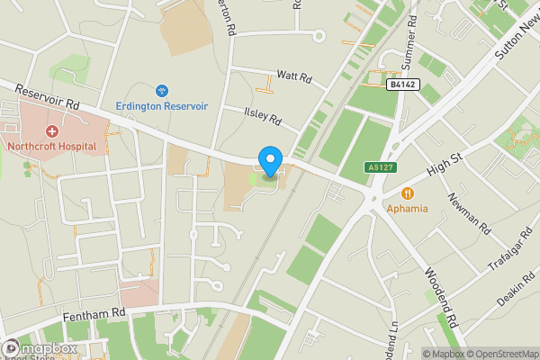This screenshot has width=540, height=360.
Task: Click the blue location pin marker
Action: pos(269,161)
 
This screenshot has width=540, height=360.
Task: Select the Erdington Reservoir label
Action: pos(162,105)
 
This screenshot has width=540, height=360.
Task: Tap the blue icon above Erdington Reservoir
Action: pos(162,90)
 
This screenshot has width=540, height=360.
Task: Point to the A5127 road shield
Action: pos(378,167)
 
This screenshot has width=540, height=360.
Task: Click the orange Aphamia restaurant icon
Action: pos(408,193)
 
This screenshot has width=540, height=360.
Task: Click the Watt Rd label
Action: pos(293,77)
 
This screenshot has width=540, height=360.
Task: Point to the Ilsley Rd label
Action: pos(264,115)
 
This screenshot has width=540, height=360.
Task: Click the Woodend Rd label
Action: pos(441,295)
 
